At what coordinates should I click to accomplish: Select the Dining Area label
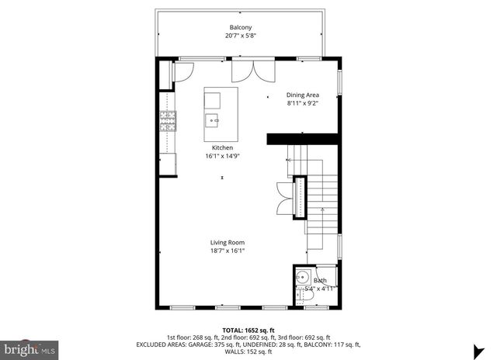click(303, 95)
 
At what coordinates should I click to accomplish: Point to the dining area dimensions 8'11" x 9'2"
click(303, 103)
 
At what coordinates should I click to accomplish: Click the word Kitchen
click(223, 147)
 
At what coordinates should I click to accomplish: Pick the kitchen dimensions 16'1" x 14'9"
click(223, 156)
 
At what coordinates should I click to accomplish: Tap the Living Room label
click(227, 243)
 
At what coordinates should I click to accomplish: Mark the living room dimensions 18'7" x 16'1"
click(227, 251)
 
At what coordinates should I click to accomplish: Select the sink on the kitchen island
click(212, 119)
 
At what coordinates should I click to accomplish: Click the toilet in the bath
click(300, 293)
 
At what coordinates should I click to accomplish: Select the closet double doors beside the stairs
click(283, 198)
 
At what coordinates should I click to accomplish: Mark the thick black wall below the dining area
click(303, 138)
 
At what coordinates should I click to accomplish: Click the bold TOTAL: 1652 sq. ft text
click(248, 330)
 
